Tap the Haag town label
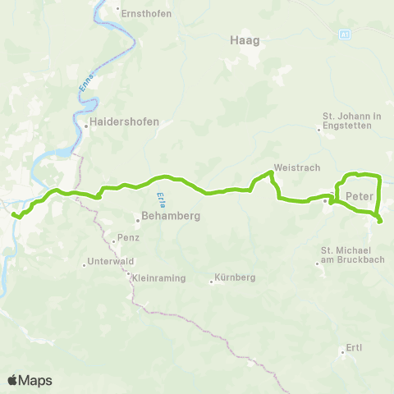pos(238,39)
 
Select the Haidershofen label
pos(124,121)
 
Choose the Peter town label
pos(360,196)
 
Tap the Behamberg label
pos(170,218)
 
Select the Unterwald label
pos(112,263)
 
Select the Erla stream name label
pos(159,198)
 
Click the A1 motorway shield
pos(345,34)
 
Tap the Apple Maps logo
pos(30,380)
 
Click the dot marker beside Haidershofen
pos(85,126)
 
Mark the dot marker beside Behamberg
pos(138,218)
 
